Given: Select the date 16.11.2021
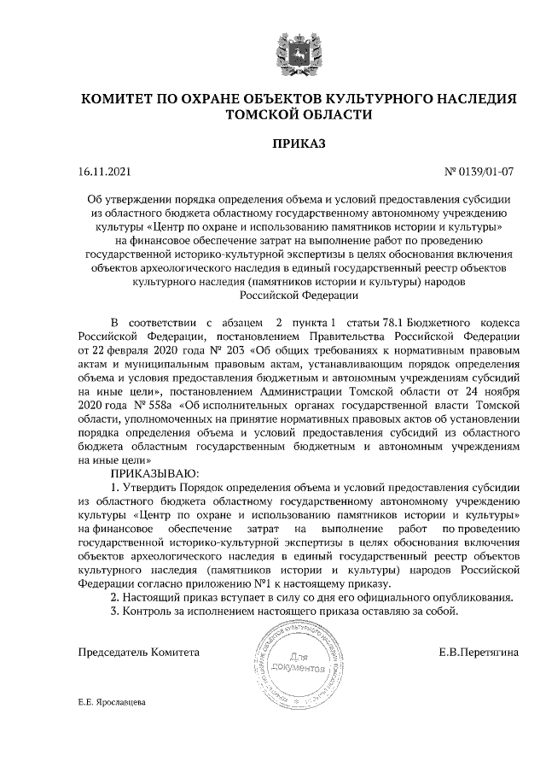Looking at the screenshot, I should click(104, 173).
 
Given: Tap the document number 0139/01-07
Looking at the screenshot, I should click(486, 173).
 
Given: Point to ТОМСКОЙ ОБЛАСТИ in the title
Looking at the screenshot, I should click(299, 115).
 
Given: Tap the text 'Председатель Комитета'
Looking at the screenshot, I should click(138, 652).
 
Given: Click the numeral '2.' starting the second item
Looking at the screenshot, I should click(117, 598).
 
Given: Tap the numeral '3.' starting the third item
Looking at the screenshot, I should click(117, 612).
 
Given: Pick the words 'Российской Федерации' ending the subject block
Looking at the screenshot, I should click(299, 295).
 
